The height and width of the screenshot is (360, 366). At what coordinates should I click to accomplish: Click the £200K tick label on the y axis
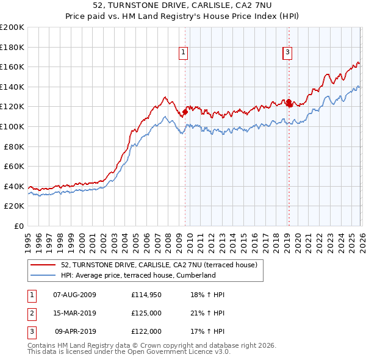[x=12, y=27]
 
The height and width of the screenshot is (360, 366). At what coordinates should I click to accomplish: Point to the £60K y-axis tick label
[x=14, y=166]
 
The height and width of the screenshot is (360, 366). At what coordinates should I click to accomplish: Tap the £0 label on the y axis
[x=19, y=226]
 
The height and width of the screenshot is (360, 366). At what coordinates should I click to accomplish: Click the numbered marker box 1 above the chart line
[x=184, y=53]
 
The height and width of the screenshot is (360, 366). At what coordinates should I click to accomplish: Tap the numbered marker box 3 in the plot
[x=287, y=53]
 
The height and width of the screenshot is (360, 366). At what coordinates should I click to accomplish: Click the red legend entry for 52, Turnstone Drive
[x=160, y=265]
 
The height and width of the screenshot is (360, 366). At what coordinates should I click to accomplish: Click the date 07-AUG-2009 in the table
[x=74, y=295]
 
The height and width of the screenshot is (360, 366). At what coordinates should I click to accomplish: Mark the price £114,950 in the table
[x=146, y=295]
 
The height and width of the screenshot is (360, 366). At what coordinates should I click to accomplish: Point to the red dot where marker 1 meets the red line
[x=185, y=112]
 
